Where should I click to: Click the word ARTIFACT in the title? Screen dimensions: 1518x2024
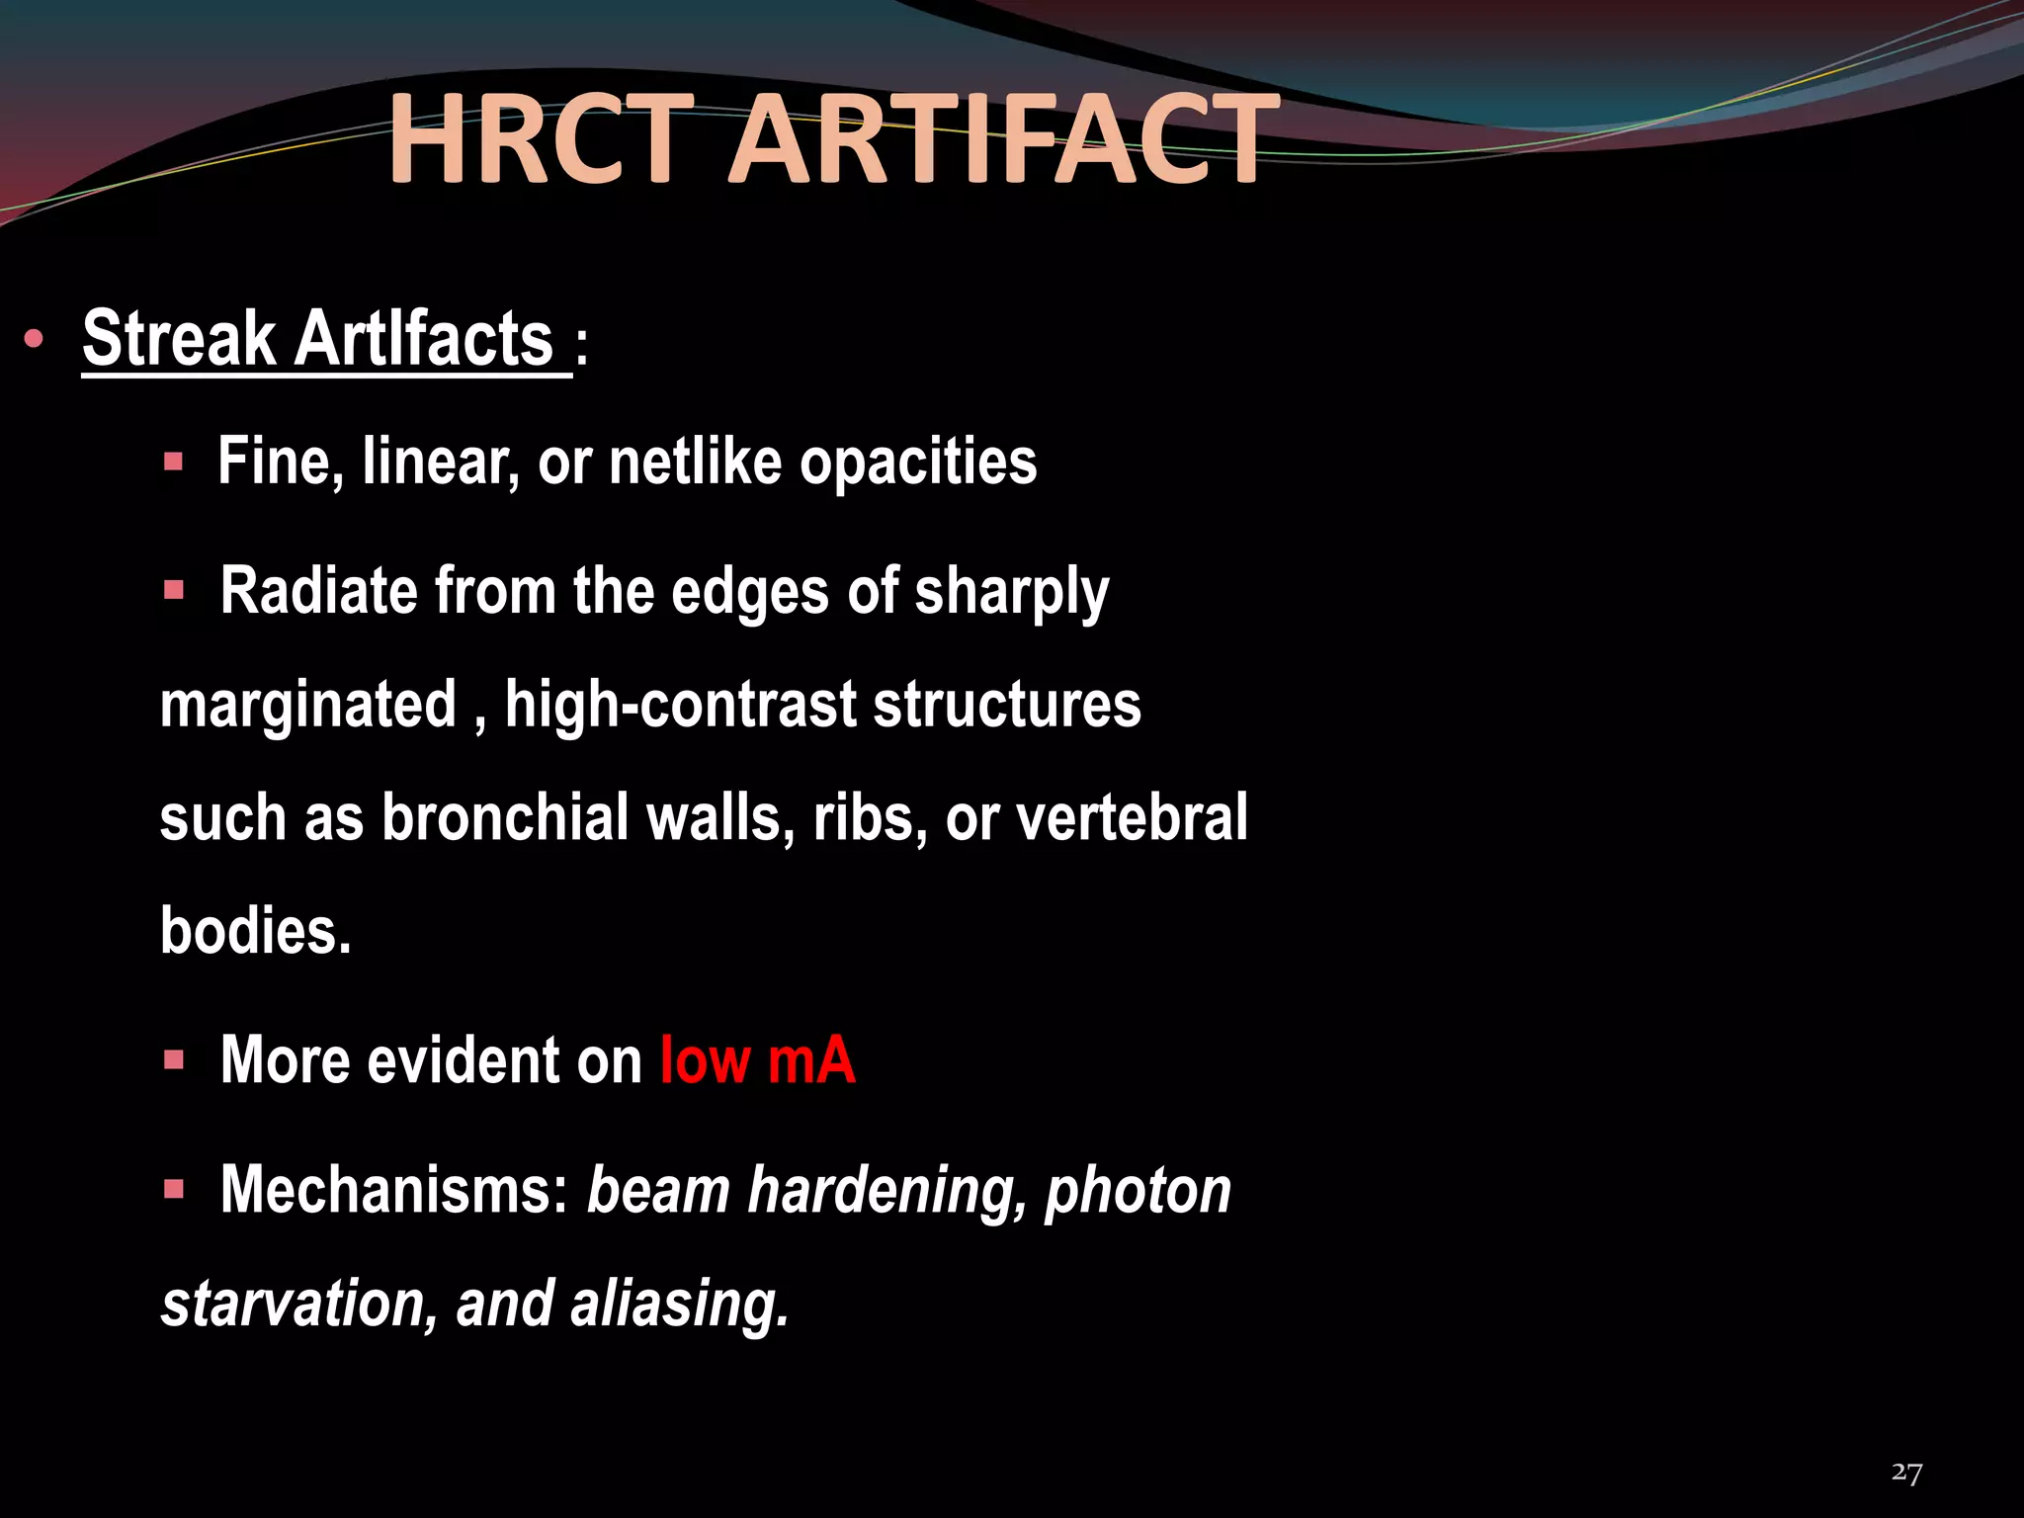pyautogui.click(x=1002, y=139)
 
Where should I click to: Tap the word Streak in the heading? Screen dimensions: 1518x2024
pyautogui.click(x=179, y=339)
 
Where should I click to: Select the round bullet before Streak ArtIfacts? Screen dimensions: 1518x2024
pyautogui.click(x=34, y=340)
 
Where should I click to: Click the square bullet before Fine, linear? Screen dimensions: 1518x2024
pyautogui.click(x=174, y=462)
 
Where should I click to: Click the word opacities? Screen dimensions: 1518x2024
pyautogui.click(x=918, y=462)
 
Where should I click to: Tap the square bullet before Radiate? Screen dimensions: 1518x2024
pyautogui.click(x=174, y=591)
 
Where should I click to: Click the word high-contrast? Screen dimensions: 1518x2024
pyautogui.click(x=681, y=705)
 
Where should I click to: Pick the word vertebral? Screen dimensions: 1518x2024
pyautogui.click(x=1132, y=818)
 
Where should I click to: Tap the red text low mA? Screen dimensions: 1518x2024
pyautogui.click(x=757, y=1060)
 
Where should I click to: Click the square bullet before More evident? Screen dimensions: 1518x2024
pyautogui.click(x=174, y=1061)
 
